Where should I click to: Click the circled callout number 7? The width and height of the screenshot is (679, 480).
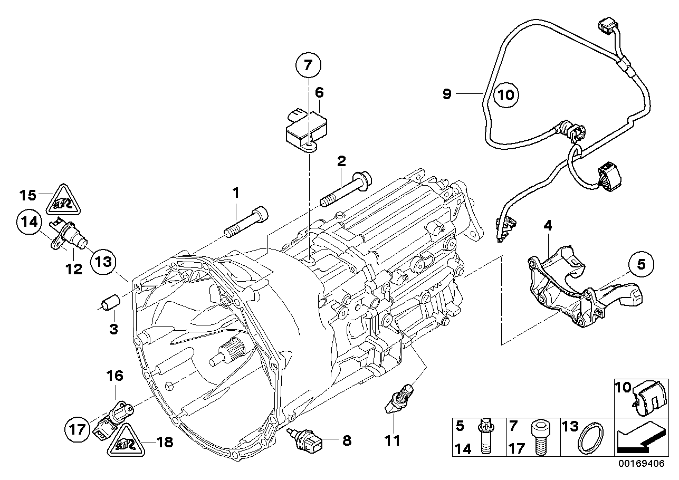click(x=308, y=66)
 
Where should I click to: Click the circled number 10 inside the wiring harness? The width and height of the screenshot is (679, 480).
click(x=506, y=95)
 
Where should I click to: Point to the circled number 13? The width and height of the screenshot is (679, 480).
click(x=104, y=262)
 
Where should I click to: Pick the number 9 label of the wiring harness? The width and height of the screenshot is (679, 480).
click(x=447, y=94)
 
